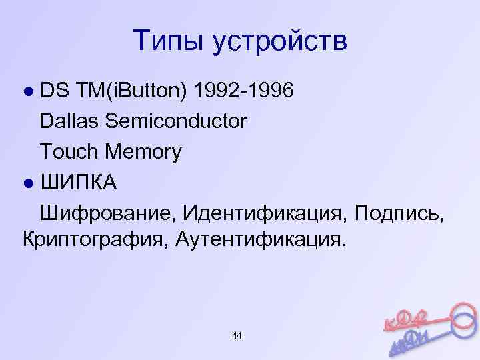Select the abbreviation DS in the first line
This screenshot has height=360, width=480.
click(53, 91)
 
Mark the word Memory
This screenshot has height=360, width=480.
click(144, 153)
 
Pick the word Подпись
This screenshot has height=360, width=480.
click(399, 213)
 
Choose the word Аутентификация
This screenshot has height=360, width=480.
click(261, 238)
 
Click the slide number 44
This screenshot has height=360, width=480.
click(237, 335)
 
